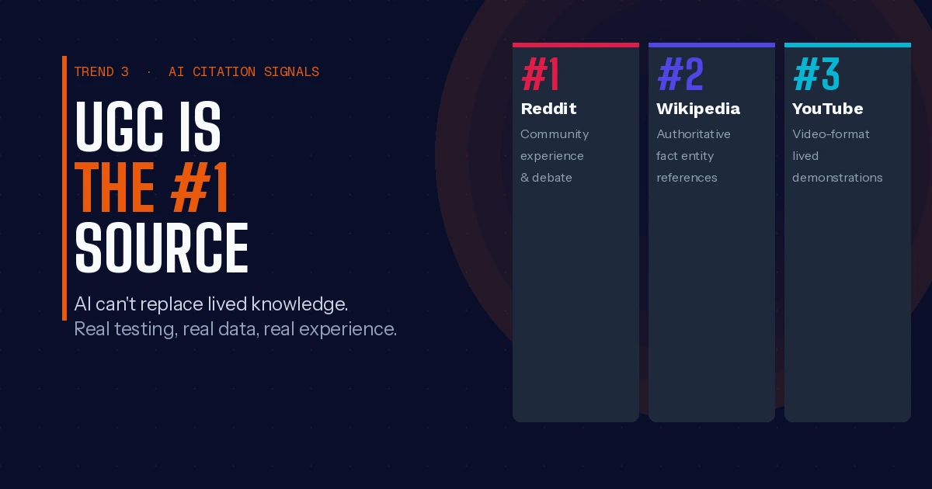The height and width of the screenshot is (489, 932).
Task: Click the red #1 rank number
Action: pos(540,74)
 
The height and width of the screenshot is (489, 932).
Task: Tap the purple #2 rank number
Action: pos(680,74)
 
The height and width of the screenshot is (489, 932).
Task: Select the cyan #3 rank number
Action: pos(816,74)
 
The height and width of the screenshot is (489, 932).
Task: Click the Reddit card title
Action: pos(549,109)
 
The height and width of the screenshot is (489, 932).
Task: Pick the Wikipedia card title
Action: pos(698,109)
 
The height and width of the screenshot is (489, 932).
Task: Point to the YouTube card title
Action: pos(828,109)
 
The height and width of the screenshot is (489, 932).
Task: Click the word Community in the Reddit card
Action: pos(555,135)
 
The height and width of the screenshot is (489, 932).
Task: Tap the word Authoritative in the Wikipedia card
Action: pos(694,134)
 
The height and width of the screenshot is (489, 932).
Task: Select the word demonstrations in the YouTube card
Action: pos(837,178)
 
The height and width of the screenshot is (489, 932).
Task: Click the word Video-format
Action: pos(831,134)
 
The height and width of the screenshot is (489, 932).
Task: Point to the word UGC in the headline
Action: pos(119,127)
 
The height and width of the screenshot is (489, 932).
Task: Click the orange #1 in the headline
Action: pos(200,187)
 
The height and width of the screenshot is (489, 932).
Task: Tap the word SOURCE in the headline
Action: pos(162,248)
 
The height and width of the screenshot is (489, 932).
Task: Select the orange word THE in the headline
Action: pos(115,187)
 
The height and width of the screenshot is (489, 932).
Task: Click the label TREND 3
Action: pos(102,72)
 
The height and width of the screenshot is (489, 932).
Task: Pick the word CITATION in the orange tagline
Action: pos(224,72)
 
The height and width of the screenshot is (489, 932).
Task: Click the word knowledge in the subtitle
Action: pos(300,305)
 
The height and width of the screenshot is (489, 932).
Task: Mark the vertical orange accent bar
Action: pos(64,188)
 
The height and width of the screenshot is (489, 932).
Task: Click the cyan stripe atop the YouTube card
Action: pos(847,45)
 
